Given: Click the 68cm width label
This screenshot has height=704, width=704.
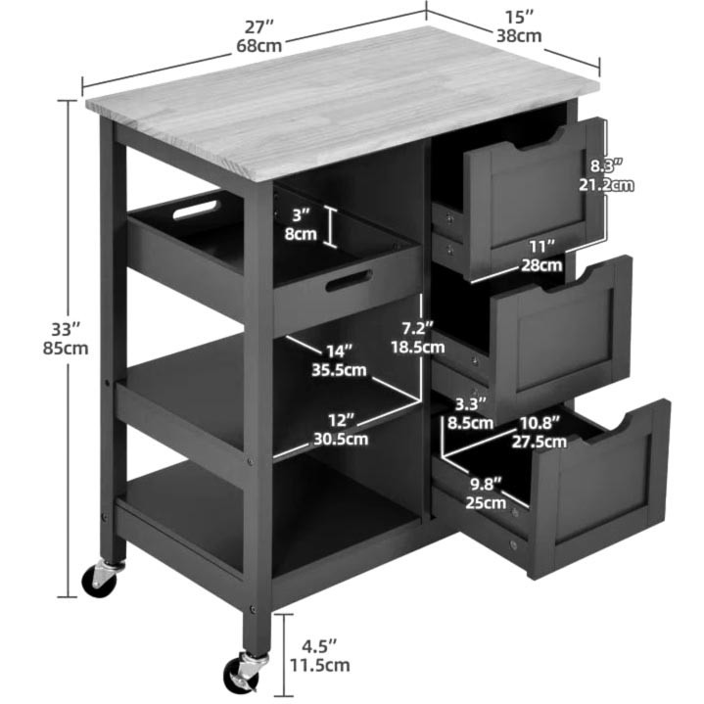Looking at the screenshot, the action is click(x=259, y=45).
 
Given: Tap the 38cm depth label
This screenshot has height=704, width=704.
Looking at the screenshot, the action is click(x=519, y=35).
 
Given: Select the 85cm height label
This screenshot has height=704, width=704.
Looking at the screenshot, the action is click(x=66, y=349).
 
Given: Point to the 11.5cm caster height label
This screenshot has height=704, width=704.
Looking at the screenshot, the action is click(x=319, y=665).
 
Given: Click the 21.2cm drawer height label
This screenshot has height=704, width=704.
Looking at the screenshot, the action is click(x=606, y=184).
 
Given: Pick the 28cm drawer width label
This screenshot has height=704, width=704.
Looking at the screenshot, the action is click(x=541, y=265).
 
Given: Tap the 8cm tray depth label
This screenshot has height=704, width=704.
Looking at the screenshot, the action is click(x=301, y=234).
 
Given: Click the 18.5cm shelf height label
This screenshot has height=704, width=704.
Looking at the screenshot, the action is click(x=417, y=347).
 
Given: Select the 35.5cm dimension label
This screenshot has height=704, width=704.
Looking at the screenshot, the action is click(x=339, y=370).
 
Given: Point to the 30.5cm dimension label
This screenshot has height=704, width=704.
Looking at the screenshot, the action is click(x=341, y=439).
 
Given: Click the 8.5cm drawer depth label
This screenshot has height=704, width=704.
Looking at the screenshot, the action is click(x=470, y=422).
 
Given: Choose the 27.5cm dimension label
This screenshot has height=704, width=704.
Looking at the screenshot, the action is click(x=540, y=442).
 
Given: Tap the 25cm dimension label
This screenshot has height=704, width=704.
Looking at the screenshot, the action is click(x=486, y=502).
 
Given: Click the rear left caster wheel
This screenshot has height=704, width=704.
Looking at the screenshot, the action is click(x=99, y=580).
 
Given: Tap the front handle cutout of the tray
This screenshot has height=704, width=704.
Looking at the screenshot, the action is click(x=349, y=280).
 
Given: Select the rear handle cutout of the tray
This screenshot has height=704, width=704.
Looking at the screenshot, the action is click(x=195, y=210).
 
